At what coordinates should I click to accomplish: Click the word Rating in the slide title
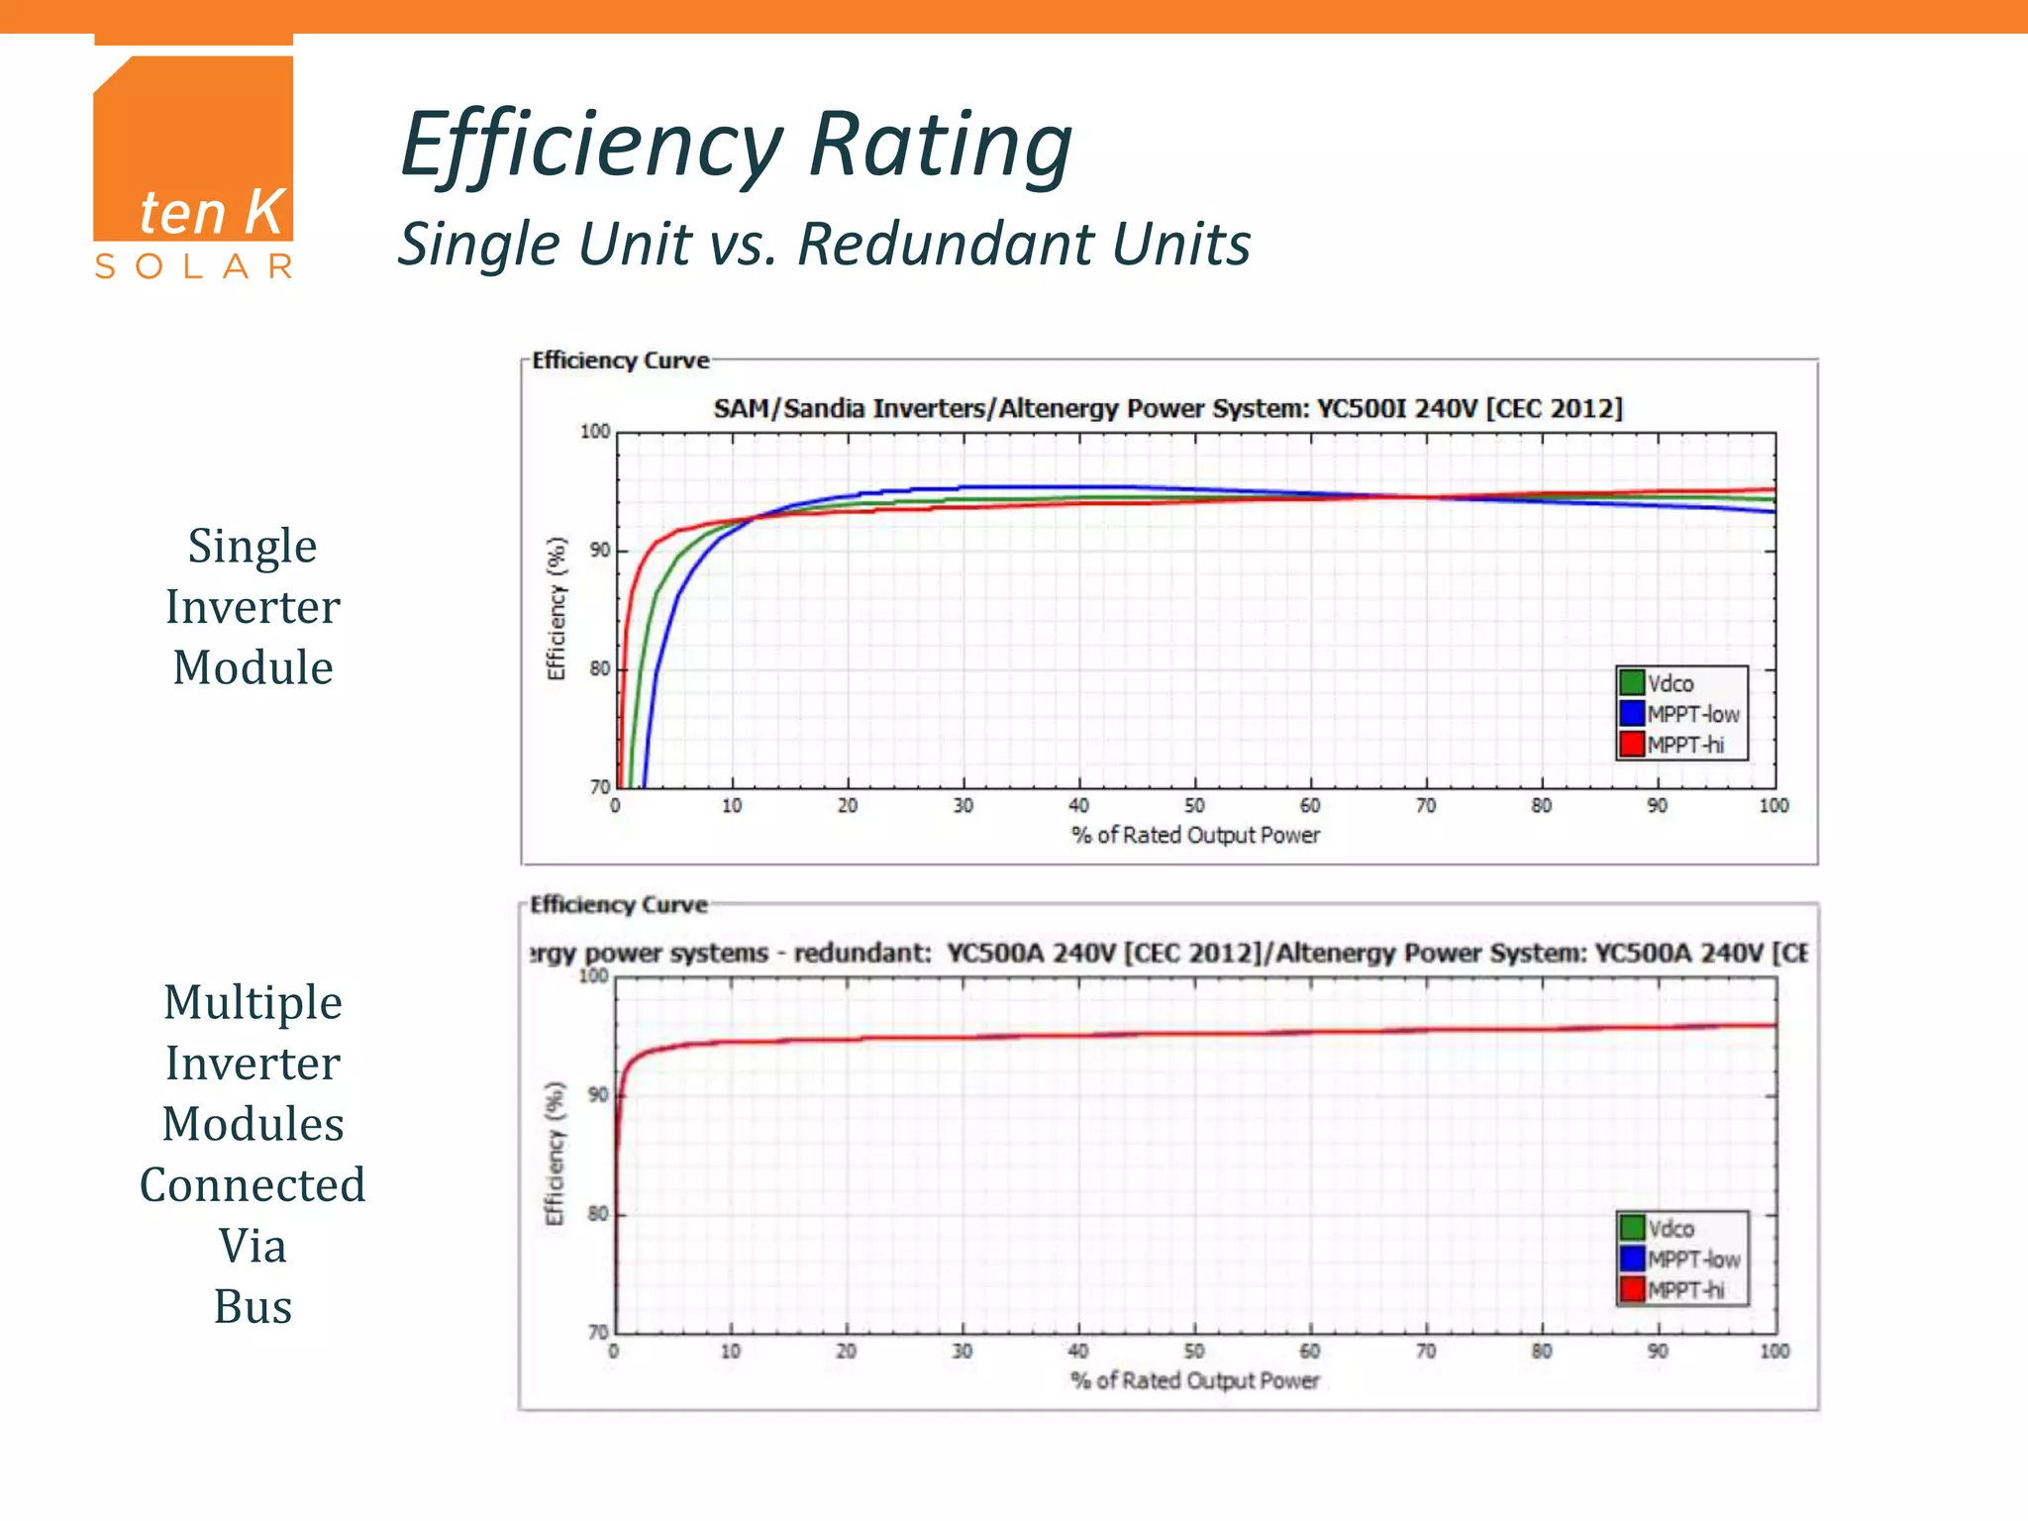[940, 147]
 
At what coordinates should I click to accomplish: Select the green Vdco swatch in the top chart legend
[1631, 683]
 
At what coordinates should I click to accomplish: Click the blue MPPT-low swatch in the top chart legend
[1631, 713]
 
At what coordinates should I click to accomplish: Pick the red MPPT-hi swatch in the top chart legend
[1631, 744]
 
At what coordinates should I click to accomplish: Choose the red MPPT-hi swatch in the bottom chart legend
[1631, 1289]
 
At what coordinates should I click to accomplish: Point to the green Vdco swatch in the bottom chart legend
[1631, 1228]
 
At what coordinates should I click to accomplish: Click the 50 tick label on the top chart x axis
[1194, 806]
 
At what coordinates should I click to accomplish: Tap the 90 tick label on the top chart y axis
[599, 551]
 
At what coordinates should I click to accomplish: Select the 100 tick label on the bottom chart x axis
[1774, 1351]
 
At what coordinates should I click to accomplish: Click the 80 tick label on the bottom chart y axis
[598, 1214]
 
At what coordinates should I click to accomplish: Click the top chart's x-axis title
[1195, 836]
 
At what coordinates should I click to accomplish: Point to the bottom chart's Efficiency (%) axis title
[555, 1153]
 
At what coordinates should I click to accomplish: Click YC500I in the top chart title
[1362, 409]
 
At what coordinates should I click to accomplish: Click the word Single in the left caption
[253, 547]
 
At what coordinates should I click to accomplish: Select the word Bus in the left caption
[253, 1307]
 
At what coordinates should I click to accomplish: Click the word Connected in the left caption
[253, 1185]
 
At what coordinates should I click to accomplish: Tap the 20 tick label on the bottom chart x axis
[846, 1351]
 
